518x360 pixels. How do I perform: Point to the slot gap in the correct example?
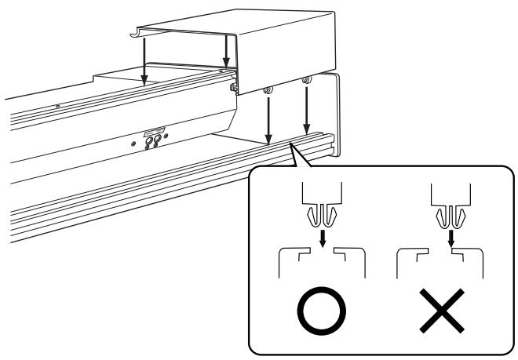point(322,253)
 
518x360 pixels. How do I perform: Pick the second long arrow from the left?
point(226,51)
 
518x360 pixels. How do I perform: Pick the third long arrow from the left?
point(268,118)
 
